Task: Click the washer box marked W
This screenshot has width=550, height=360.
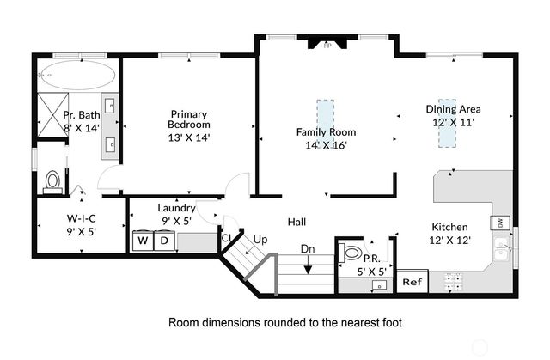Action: (x=144, y=241)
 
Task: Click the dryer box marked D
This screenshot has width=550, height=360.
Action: (x=164, y=241)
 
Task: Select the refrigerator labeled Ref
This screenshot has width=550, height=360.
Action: (x=412, y=282)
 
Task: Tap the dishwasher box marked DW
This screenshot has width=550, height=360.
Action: (x=500, y=223)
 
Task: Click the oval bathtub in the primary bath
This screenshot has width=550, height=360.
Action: (x=76, y=75)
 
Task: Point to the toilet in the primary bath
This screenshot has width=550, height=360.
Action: (x=52, y=182)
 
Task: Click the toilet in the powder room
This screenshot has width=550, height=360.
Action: (x=351, y=253)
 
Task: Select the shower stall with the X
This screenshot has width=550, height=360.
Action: (x=53, y=115)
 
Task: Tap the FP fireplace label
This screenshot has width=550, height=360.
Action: (x=327, y=46)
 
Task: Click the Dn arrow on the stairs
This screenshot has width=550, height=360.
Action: (x=308, y=265)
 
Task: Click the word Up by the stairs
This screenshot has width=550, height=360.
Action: (x=260, y=240)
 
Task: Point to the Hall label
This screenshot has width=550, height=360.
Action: (x=296, y=222)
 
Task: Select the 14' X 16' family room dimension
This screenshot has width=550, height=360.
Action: (x=327, y=145)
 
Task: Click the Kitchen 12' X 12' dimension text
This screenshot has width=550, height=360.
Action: (x=450, y=240)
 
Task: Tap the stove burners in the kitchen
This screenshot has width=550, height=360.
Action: (x=453, y=282)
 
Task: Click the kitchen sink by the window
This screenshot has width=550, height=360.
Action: (x=502, y=249)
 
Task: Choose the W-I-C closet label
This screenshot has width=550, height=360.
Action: (x=82, y=218)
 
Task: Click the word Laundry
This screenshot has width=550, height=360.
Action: (x=176, y=208)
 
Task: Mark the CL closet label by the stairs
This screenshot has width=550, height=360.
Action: (x=226, y=238)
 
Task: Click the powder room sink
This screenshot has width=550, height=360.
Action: (x=379, y=284)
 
